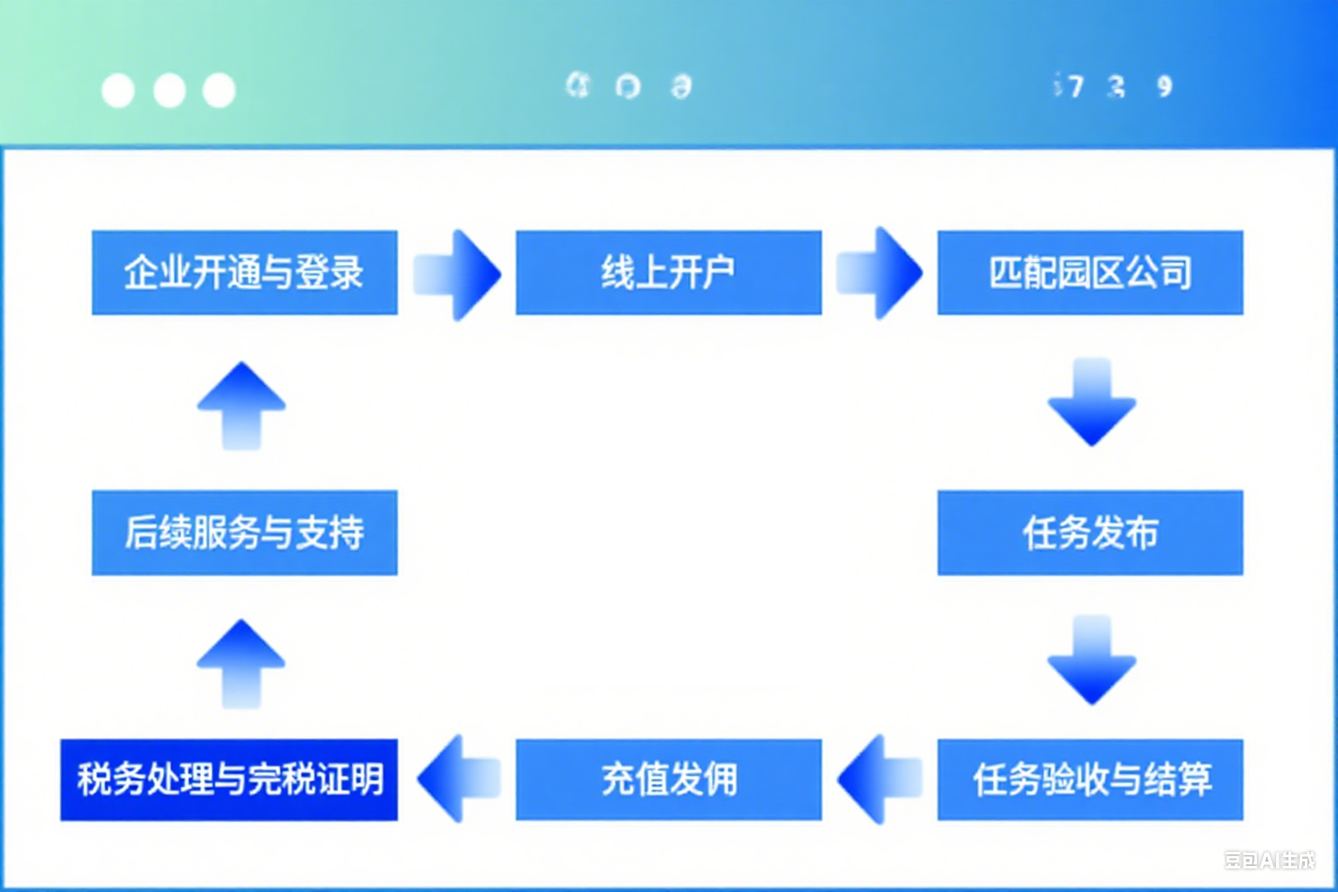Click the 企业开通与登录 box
tap(244, 273)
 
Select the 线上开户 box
tap(668, 273)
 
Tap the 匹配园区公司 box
tap(1090, 273)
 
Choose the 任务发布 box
tap(1090, 532)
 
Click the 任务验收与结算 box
tap(1090, 780)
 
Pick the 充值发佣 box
tap(668, 780)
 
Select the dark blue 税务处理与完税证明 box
tap(229, 780)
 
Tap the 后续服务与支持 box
tap(244, 532)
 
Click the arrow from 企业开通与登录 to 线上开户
tap(457, 274)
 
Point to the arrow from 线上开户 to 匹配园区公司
tap(880, 273)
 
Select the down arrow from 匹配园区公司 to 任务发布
tap(1091, 402)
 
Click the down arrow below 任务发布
tap(1091, 659)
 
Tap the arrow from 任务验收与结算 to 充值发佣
tap(880, 779)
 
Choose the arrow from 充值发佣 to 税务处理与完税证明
tap(459, 779)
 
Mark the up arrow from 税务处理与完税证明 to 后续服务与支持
tap(241, 663)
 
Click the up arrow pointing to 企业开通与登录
tap(241, 405)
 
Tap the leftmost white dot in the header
tap(118, 91)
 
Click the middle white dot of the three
tap(169, 91)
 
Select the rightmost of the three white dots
tap(219, 91)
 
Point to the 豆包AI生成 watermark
tap(1269, 861)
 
